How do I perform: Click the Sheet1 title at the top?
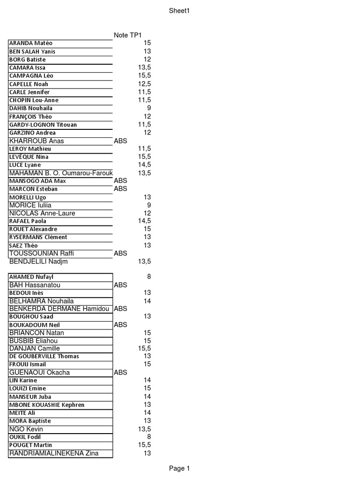[x=180, y=11]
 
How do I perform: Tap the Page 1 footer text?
[x=180, y=468]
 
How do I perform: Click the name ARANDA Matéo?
[x=31, y=43]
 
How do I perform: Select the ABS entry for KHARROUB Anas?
[x=120, y=141]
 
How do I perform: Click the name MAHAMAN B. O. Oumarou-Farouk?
[x=61, y=173]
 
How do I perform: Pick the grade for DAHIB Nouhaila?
[x=149, y=108]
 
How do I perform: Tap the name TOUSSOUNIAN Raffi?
[x=42, y=254]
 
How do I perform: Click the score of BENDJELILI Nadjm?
[x=144, y=261]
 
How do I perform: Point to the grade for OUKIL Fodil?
[x=149, y=437]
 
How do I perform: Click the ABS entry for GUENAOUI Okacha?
[x=120, y=373]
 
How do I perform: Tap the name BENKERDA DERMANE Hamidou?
[x=59, y=309]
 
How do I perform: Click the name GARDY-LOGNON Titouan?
[x=43, y=125]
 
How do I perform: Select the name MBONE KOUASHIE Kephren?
[x=47, y=405]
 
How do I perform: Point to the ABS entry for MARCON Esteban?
[x=120, y=189]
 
